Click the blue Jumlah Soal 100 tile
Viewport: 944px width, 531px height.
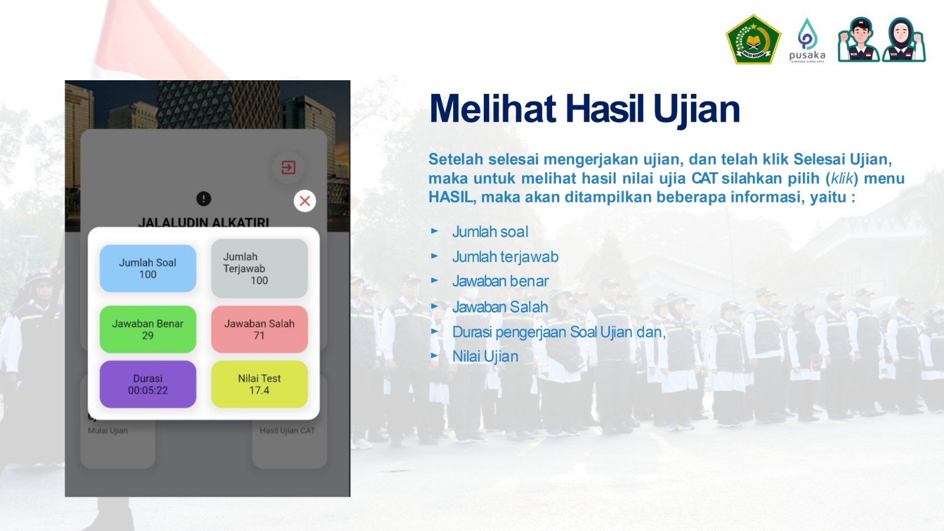coord(148,268)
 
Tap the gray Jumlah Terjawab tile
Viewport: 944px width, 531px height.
coord(259,268)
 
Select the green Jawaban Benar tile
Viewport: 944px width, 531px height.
coord(148,329)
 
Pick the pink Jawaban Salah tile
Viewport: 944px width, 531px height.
coord(259,329)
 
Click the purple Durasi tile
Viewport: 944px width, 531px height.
coord(148,384)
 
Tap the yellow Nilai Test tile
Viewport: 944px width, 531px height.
coord(259,384)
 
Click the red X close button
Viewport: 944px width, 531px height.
coord(304,201)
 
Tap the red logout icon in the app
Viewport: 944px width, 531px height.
coord(289,168)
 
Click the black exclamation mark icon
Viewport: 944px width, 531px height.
coord(204,198)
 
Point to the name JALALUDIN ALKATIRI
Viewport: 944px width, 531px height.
coord(204,222)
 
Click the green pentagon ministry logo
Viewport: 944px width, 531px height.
coord(753,40)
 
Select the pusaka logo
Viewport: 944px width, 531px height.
coord(807,41)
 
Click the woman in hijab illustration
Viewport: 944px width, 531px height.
coord(903,40)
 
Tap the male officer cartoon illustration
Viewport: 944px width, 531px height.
coord(859,40)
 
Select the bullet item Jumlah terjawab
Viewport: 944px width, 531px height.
coord(505,257)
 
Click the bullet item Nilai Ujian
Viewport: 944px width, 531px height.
coord(485,356)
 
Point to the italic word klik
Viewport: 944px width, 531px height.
coord(841,178)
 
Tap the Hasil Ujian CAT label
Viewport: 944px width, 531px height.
coord(287,430)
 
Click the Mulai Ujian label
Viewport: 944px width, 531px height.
coord(107,430)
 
